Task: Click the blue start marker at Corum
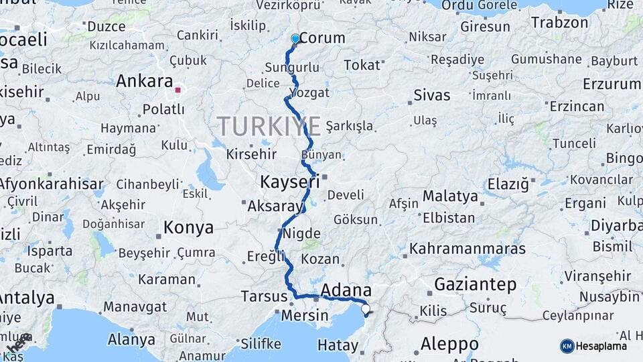pyautogui.click(x=295, y=39)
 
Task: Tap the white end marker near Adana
pyautogui.click(x=365, y=310)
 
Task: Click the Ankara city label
pyautogui.click(x=145, y=82)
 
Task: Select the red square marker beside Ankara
pyautogui.click(x=177, y=89)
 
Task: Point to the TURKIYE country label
pyautogui.click(x=269, y=125)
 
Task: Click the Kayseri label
pyautogui.click(x=289, y=182)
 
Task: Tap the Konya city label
pyautogui.click(x=188, y=228)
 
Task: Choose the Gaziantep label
pyautogui.click(x=476, y=285)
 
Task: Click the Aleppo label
pyautogui.click(x=449, y=345)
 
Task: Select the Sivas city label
pyautogui.click(x=432, y=95)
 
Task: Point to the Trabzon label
pyautogui.click(x=559, y=22)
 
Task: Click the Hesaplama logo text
pyautogui.click(x=602, y=346)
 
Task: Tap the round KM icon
pyautogui.click(x=567, y=346)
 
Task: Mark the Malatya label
pyautogui.click(x=450, y=196)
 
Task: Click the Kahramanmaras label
pyautogui.click(x=468, y=249)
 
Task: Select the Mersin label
pyautogui.click(x=305, y=315)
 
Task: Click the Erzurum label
pyautogui.click(x=612, y=84)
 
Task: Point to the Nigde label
pyautogui.click(x=301, y=234)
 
